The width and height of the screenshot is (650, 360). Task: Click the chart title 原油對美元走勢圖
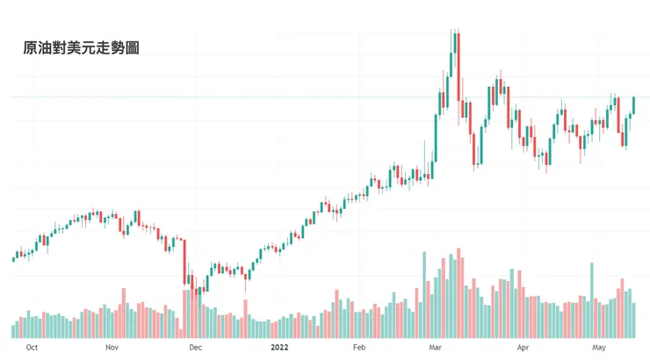(x=81, y=49)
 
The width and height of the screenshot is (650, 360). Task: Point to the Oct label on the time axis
(x=32, y=348)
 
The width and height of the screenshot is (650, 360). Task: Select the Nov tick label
(x=112, y=348)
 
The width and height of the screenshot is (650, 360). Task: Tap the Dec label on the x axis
(x=194, y=348)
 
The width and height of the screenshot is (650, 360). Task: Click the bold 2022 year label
(x=279, y=348)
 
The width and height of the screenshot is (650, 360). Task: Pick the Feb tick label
(x=359, y=348)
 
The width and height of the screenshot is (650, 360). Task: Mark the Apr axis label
(x=524, y=348)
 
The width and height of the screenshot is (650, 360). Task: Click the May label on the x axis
(x=600, y=348)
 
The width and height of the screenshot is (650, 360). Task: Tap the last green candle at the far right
(x=634, y=104)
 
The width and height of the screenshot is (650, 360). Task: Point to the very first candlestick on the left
(x=13, y=258)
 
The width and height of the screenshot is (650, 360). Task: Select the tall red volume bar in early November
(x=123, y=313)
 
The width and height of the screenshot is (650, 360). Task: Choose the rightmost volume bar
(x=634, y=320)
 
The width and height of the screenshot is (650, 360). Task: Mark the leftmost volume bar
(x=13, y=331)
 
